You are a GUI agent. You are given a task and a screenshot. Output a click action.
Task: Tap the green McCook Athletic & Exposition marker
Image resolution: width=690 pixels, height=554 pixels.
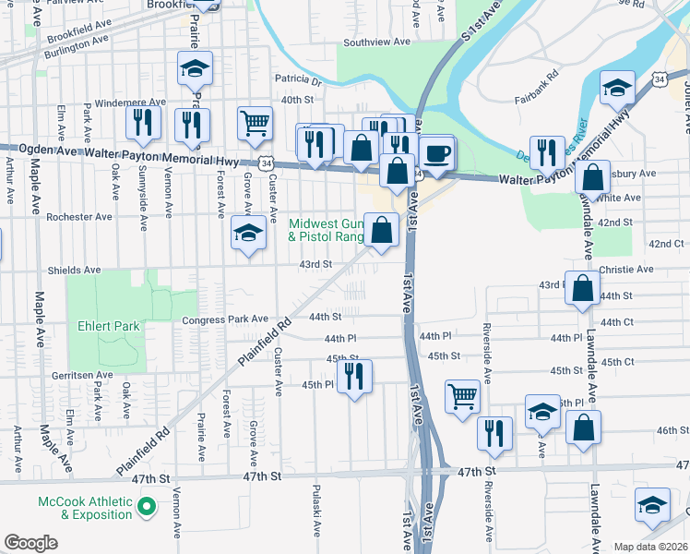pyautogui.click(x=145, y=507)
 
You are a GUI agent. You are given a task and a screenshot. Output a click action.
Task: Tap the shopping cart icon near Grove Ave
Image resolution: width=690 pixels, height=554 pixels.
pyautogui.click(x=255, y=123)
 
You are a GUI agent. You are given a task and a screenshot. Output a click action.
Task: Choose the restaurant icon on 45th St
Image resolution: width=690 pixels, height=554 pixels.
pyautogui.click(x=353, y=376)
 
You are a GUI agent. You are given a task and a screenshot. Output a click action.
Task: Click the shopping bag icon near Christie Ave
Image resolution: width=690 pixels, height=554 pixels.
pyautogui.click(x=583, y=289)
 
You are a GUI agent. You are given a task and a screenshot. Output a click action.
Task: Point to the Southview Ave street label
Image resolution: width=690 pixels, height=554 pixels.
pyautogui.click(x=376, y=42)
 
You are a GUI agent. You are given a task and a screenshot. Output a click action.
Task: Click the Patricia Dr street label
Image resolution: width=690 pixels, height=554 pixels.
pyautogui.click(x=297, y=81)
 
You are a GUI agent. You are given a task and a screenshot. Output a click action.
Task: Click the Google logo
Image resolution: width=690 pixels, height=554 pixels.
pyautogui.click(x=30, y=542)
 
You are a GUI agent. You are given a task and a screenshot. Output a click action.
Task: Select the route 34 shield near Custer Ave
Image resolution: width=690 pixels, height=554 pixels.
pyautogui.click(x=266, y=163)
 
